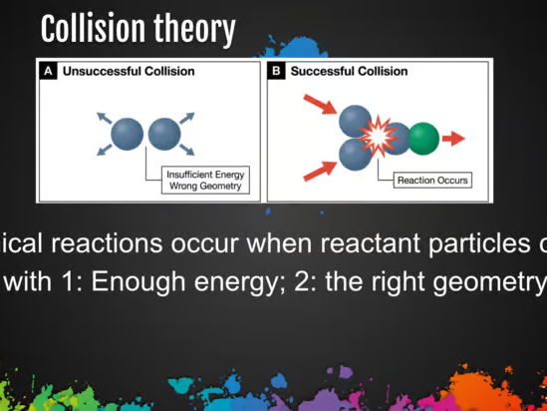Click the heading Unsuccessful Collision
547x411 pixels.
point(129,72)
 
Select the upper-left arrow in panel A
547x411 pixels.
point(103,119)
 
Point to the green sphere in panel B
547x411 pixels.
point(423,137)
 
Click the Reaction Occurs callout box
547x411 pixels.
point(431,181)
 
